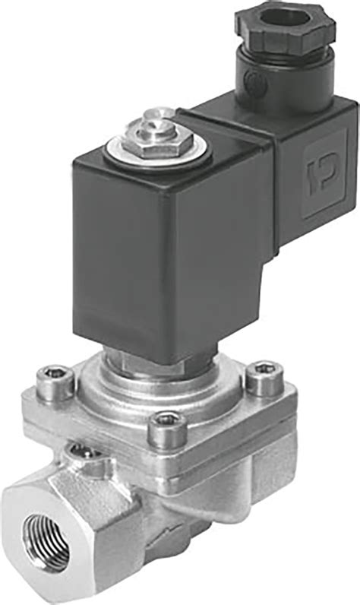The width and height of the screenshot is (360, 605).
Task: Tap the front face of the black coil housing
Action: pyautogui.click(x=129, y=258)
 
